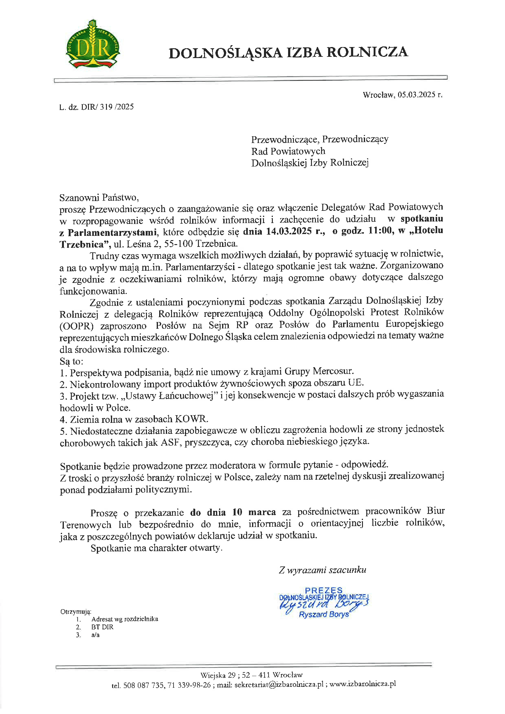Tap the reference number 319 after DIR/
click(106, 107)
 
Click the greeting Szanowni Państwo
click(99, 197)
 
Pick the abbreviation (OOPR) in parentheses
click(76, 326)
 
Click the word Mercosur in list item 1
click(333, 371)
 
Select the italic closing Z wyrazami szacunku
click(323, 570)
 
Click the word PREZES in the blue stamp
click(324, 590)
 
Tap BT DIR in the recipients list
click(102, 627)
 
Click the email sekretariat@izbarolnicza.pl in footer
click(279, 684)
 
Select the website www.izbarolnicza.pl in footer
click(363, 684)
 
